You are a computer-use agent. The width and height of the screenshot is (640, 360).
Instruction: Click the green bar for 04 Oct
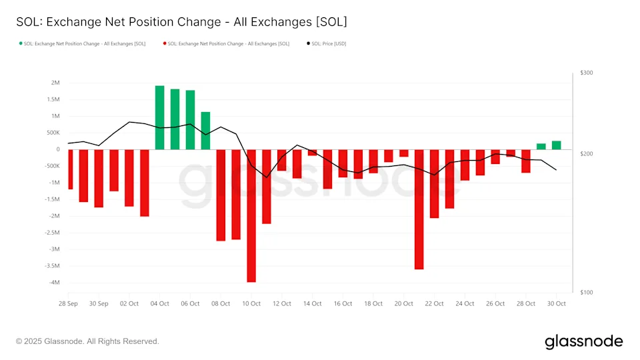pyautogui.click(x=160, y=117)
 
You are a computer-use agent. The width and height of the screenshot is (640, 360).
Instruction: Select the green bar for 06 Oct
pyautogui.click(x=191, y=120)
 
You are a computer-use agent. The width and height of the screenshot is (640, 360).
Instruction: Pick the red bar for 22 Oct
pyautogui.click(x=434, y=183)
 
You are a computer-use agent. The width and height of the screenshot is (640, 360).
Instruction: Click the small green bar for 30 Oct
pyautogui.click(x=556, y=145)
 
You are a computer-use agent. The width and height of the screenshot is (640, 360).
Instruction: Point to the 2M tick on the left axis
pyautogui.click(x=55, y=83)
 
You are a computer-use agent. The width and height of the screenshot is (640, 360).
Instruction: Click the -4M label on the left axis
pyautogui.click(x=54, y=283)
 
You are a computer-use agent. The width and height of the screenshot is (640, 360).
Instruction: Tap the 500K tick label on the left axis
pyautogui.click(x=53, y=133)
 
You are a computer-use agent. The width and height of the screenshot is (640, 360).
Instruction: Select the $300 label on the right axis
pyautogui.click(x=587, y=73)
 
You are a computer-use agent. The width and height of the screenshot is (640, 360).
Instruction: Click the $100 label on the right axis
pyautogui.click(x=587, y=293)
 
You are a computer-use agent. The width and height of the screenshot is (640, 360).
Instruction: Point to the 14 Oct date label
pyautogui.click(x=312, y=304)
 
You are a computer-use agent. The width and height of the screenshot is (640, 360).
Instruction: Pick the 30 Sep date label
pyautogui.click(x=99, y=304)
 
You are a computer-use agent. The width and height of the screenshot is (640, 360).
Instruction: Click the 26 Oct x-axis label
pyautogui.click(x=495, y=304)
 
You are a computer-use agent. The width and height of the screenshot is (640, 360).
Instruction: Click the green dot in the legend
pyautogui.click(x=21, y=44)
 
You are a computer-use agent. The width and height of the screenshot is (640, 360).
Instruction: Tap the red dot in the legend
pyautogui.click(x=164, y=44)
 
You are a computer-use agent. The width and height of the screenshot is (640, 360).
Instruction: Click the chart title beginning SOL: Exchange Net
pyautogui.click(x=181, y=22)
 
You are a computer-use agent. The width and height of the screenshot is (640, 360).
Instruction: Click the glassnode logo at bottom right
pyautogui.click(x=583, y=341)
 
